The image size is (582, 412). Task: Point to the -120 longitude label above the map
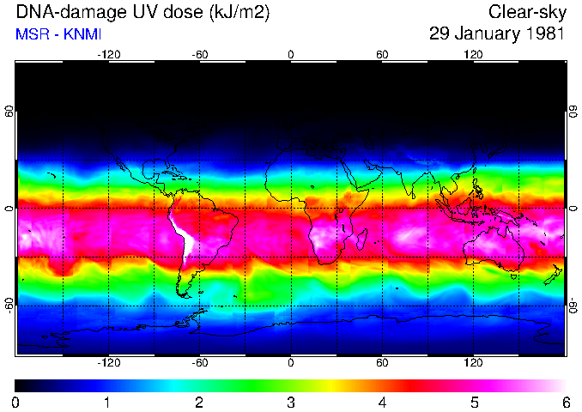[x=108, y=55]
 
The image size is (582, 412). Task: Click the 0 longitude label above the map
[x=291, y=55]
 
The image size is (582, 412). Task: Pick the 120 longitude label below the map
[x=473, y=363]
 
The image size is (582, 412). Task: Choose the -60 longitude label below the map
[x=199, y=363]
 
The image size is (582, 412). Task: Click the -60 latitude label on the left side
[x=9, y=305]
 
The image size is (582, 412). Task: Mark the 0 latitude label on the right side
[x=573, y=209]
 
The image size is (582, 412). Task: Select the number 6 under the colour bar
[x=565, y=402]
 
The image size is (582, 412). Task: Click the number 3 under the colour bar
[x=291, y=402]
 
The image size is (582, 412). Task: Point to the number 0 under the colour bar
[x=16, y=402]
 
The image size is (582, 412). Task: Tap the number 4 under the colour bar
[x=382, y=402]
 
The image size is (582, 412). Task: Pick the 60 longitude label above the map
[x=382, y=55]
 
